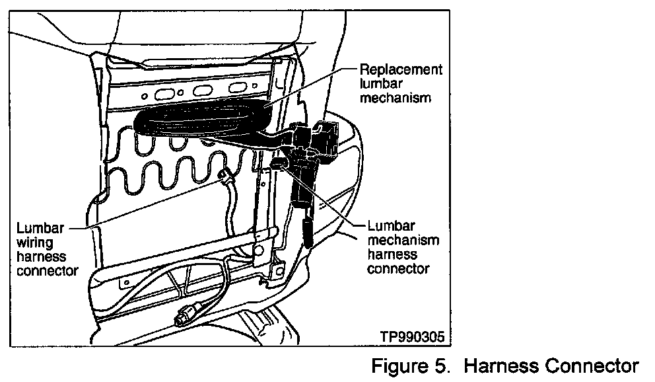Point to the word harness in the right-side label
pos(392,254)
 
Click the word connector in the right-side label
pos(398,268)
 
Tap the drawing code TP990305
pos(413,336)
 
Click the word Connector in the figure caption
pos(593,365)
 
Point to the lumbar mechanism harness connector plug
pos(279,162)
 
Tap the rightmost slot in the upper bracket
pos(236,89)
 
